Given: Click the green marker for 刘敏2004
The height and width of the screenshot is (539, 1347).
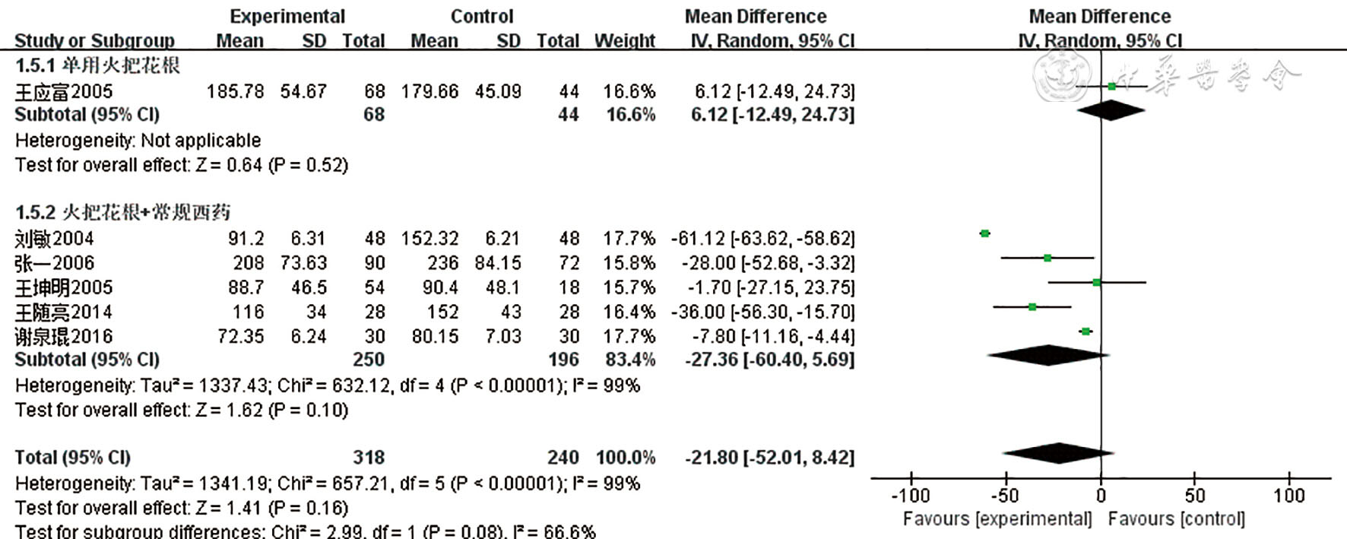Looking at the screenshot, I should point(985,233).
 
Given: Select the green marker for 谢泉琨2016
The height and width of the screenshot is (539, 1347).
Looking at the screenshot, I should point(1086,331).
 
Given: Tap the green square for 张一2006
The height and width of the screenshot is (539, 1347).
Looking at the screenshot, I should point(1047,258).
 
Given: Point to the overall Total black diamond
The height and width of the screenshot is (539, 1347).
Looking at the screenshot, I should point(1059,454).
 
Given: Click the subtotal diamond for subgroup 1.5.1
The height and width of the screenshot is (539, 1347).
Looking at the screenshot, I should point(1111,110).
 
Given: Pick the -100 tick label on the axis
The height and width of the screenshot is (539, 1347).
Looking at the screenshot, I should point(910,496).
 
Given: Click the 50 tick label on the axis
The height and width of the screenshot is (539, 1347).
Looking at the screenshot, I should point(1195,496).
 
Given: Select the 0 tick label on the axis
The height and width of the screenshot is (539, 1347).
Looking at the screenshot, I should point(1101,496).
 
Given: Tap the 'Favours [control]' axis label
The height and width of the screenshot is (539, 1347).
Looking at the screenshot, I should point(1176,519).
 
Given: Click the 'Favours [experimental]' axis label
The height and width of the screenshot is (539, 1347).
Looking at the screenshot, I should point(997,519).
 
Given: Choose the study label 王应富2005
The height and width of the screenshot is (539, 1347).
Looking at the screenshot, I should point(64,92).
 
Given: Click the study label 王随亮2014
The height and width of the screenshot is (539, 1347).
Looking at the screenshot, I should point(64,312).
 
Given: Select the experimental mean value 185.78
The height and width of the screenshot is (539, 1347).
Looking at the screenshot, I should point(236,92).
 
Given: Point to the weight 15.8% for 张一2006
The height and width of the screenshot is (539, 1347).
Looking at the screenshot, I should point(629,263).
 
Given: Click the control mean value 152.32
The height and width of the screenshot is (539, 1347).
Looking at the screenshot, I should point(430,239).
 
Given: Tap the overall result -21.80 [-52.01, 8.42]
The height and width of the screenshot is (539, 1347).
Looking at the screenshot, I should point(769,458).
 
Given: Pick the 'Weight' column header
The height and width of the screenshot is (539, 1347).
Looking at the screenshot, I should point(624,41).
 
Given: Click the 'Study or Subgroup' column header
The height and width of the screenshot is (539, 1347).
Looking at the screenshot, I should point(94,41).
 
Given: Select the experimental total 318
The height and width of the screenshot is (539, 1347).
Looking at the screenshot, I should point(369,458).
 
